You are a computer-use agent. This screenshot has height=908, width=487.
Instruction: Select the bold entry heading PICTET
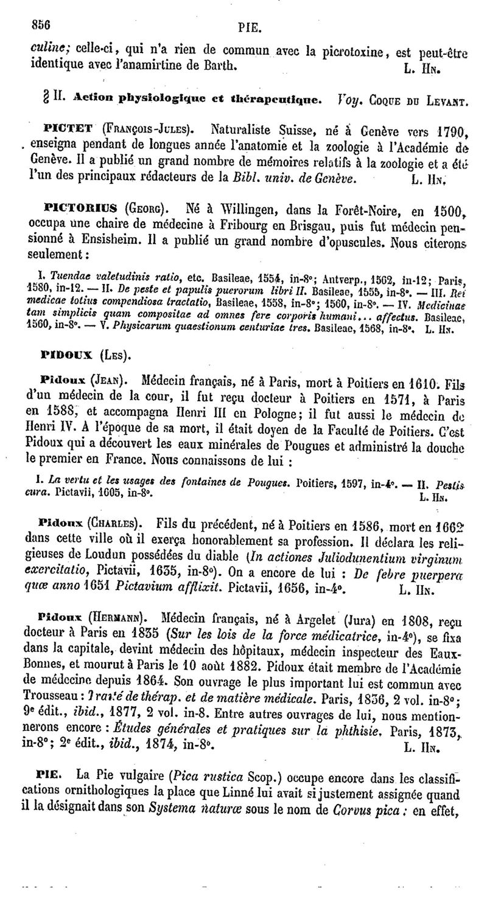[68, 130]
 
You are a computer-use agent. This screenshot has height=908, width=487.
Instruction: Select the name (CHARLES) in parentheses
[117, 522]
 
